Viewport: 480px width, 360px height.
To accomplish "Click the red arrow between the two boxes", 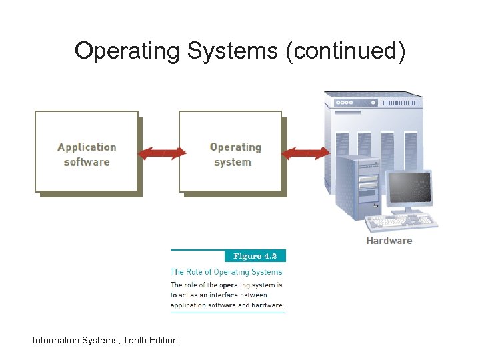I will click(x=161, y=154).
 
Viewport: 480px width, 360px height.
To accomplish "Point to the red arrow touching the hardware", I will click(x=305, y=154).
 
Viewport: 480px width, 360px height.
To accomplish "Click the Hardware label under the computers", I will click(x=389, y=241).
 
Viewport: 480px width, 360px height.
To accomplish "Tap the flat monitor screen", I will click(x=409, y=189).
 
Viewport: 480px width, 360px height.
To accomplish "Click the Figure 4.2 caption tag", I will click(x=255, y=256).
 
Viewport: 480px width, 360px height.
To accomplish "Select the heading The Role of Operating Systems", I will click(x=227, y=272).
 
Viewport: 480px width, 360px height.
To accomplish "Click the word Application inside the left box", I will click(x=87, y=147).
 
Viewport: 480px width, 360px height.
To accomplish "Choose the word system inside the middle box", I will click(x=233, y=162).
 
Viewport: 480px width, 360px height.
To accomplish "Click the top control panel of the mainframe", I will click(x=373, y=103).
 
